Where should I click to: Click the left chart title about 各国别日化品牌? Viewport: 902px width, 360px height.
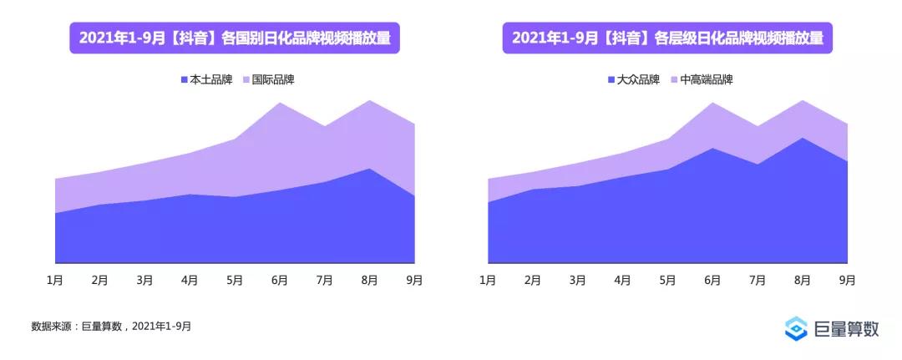coord(235,38)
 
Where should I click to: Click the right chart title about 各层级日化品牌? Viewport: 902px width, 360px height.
coord(667,38)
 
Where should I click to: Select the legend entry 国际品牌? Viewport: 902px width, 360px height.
coord(268,80)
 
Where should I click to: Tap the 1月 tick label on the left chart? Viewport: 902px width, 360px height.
coord(54,280)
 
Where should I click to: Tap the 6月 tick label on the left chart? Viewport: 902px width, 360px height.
coord(280,280)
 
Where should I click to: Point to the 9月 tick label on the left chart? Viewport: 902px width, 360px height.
coord(414,280)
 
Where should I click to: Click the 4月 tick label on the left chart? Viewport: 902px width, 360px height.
coord(190,280)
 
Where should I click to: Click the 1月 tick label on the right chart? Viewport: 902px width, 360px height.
coord(488,280)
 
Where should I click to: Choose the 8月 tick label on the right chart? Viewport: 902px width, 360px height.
coord(803,280)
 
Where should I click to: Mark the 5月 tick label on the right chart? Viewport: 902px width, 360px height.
coord(667,280)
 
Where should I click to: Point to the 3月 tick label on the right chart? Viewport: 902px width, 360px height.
coord(577,280)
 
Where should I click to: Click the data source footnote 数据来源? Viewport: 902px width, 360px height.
coord(111,326)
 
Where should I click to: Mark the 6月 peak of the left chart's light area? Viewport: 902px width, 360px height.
coord(280,104)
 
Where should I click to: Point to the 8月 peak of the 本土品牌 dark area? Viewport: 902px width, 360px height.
coord(369,169)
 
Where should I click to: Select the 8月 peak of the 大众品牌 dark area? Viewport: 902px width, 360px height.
coord(803,138)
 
